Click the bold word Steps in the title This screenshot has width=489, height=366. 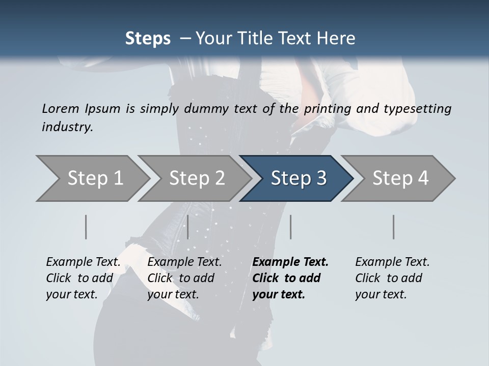click(x=148, y=38)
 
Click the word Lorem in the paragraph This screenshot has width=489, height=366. click(x=61, y=108)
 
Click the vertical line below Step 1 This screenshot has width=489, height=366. click(x=86, y=227)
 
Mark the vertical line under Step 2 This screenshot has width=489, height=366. click(x=188, y=227)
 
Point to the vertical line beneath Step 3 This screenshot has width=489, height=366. click(x=290, y=227)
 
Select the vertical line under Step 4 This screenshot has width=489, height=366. click(x=394, y=227)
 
